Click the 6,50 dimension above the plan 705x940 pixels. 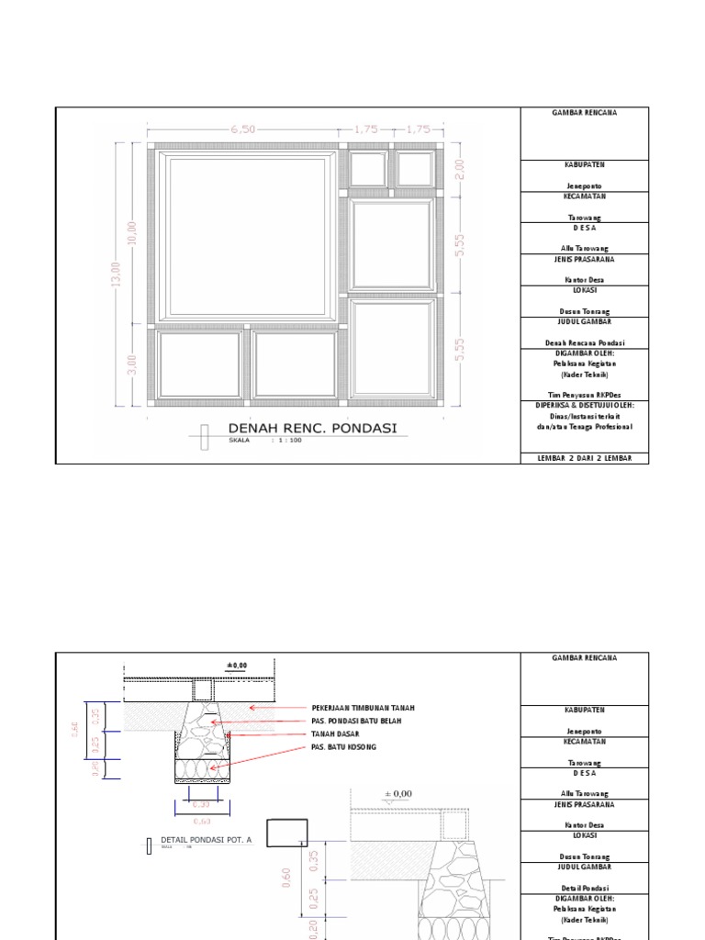coord(243,129)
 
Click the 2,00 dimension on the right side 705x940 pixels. coord(460,169)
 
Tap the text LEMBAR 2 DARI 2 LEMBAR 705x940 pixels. coord(585,456)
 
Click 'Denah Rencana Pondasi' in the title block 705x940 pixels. coord(585,341)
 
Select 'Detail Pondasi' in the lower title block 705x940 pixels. coord(585,888)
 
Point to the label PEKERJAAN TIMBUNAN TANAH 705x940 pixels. coord(364,709)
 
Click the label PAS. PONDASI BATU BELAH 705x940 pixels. coord(356,722)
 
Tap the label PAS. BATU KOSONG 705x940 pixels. coord(343,747)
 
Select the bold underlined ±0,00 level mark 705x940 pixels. coord(237,666)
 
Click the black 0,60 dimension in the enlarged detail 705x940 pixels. coord(286,877)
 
